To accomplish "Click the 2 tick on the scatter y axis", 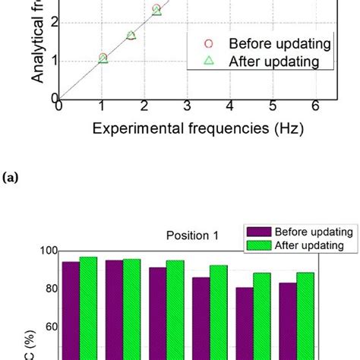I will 52,22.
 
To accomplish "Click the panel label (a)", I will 11,178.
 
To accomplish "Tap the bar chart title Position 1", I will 193,235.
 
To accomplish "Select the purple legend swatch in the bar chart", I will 259,232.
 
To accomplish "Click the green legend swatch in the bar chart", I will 259,245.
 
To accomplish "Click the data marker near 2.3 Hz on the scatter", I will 156,10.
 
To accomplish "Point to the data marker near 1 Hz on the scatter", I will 103,58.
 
